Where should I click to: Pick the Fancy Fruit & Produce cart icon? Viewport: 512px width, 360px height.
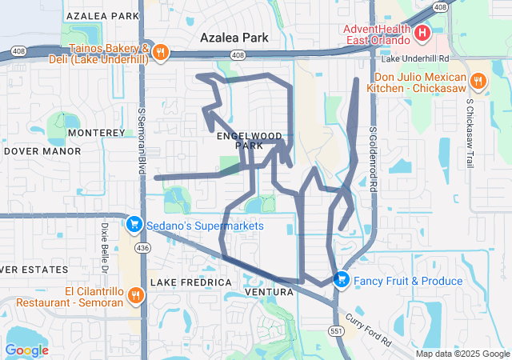[x=342, y=280]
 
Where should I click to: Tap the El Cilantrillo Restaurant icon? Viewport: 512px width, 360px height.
[x=136, y=295]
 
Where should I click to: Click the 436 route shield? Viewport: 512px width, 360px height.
[x=142, y=249]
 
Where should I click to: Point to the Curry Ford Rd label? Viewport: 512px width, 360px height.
[x=373, y=330]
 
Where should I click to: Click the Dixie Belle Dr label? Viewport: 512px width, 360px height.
[x=104, y=243]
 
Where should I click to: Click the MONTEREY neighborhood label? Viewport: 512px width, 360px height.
[x=97, y=133]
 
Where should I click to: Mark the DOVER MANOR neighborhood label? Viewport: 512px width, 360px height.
[x=42, y=150]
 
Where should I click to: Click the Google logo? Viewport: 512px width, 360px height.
[x=26, y=350]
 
